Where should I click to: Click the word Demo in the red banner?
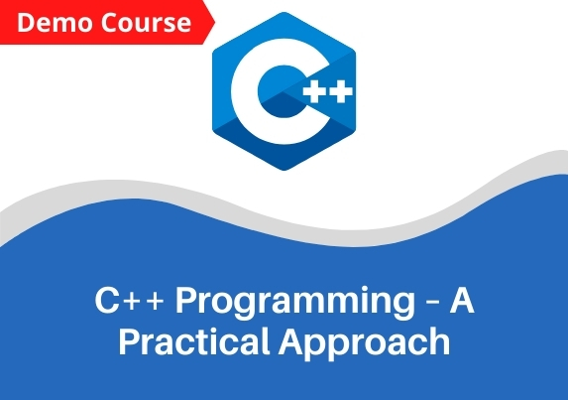(55, 23)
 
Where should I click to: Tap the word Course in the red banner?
(146, 23)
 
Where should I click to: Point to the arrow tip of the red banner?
(215, 23)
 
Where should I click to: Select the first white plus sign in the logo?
(314, 91)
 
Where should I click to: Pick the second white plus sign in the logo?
(340, 91)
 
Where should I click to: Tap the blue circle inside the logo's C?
(283, 91)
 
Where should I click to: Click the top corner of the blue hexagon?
(284, 12)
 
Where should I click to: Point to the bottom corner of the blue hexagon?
(284, 170)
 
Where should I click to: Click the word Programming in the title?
(295, 303)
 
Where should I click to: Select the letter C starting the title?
(107, 300)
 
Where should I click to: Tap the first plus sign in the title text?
(132, 302)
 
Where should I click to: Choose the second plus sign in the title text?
(155, 302)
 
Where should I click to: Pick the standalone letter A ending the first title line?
(462, 300)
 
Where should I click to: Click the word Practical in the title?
(194, 341)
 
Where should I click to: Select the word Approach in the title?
(364, 343)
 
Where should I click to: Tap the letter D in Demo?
(26, 23)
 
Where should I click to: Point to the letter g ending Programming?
(404, 307)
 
